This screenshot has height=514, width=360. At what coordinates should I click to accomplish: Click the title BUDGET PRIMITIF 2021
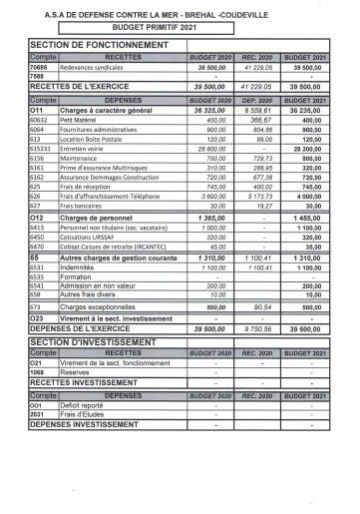tap(180, 30)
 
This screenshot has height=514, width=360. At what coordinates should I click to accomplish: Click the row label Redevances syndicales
tap(97, 67)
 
